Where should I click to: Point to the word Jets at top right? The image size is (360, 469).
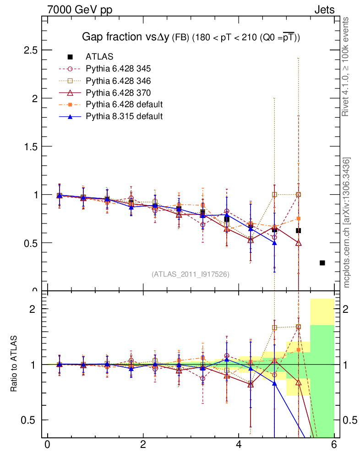coord(324,10)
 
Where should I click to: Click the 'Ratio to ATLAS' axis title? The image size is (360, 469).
coord(14,364)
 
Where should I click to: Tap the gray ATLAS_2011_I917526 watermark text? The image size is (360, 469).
coord(191,274)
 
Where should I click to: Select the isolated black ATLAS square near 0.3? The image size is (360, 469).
coord(322,262)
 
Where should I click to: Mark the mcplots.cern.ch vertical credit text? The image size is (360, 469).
coord(347,222)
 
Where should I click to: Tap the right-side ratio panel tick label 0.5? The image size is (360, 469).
coord(349,420)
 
